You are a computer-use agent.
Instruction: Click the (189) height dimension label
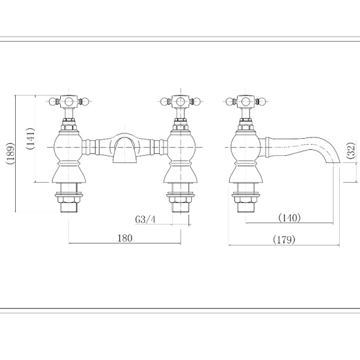7,154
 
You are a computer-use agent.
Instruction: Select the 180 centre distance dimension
125,238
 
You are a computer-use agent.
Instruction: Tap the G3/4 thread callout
145,219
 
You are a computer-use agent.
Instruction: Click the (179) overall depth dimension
283,240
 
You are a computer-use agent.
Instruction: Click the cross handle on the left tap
68,101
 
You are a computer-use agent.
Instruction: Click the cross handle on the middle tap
179,101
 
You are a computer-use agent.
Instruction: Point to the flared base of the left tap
68,175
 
